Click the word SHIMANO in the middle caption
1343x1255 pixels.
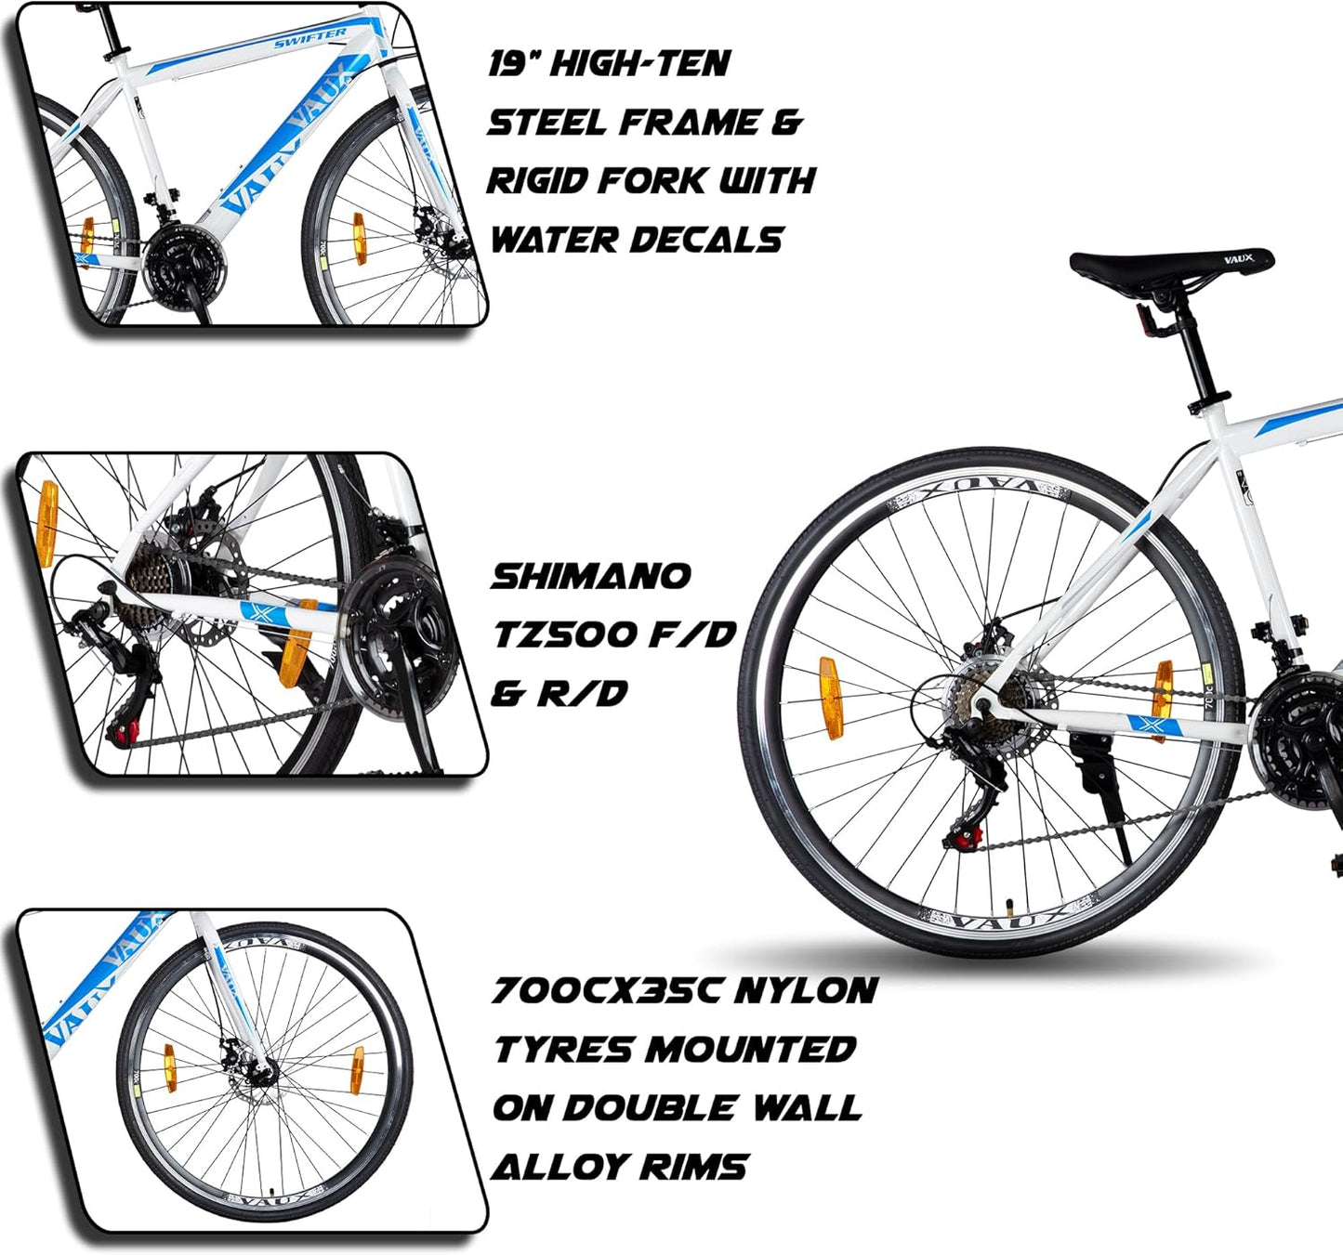click(591, 576)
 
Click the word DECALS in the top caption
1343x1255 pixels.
click(705, 240)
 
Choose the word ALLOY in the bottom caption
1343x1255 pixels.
click(558, 1167)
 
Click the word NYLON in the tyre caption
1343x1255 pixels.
click(806, 990)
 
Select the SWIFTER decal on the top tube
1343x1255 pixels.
click(309, 38)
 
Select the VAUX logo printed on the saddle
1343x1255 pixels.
click(1238, 258)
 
